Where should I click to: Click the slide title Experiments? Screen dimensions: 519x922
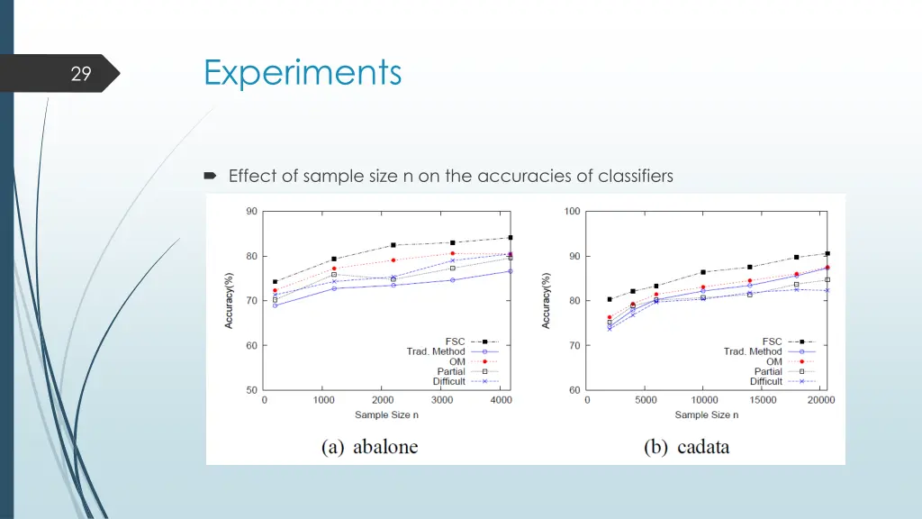click(x=303, y=72)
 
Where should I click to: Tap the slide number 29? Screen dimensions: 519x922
click(x=81, y=75)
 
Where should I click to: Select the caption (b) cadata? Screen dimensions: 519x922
click(x=687, y=446)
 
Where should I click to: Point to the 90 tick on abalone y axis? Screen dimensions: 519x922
click(x=251, y=212)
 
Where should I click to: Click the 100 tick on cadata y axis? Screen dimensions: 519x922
click(x=572, y=212)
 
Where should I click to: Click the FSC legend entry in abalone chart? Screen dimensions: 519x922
click(x=455, y=341)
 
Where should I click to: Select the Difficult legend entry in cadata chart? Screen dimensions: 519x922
click(x=766, y=381)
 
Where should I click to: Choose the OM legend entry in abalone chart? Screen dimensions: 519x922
click(x=458, y=361)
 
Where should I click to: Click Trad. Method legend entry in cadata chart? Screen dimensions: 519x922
click(x=753, y=351)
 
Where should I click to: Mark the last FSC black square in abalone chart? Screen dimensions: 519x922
click(x=511, y=238)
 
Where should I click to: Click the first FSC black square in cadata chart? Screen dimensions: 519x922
click(x=610, y=299)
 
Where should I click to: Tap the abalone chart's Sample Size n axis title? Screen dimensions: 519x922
click(x=385, y=414)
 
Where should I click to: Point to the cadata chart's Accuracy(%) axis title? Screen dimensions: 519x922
click(x=546, y=300)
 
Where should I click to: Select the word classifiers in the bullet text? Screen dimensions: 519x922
click(x=636, y=176)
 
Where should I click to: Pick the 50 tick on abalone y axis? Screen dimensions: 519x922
click(x=251, y=390)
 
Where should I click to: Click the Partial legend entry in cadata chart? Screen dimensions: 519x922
click(x=768, y=371)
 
